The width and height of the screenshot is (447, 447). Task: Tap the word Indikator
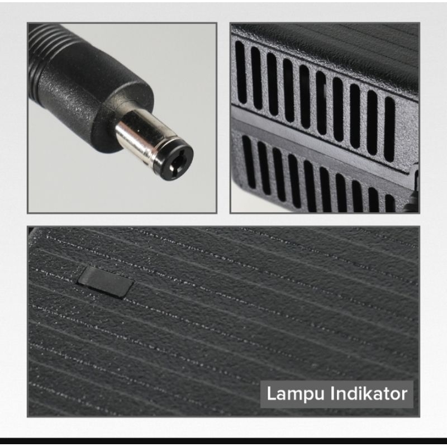coord(369,394)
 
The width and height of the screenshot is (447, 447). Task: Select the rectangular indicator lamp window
coord(106,282)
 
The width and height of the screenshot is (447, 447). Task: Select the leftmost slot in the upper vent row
coord(241,72)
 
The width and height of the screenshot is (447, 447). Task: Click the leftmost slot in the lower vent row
coord(249,161)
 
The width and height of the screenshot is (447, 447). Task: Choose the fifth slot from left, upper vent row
coord(305,96)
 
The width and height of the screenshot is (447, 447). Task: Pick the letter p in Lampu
coord(307,397)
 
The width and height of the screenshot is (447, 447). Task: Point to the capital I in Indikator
coord(332,394)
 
